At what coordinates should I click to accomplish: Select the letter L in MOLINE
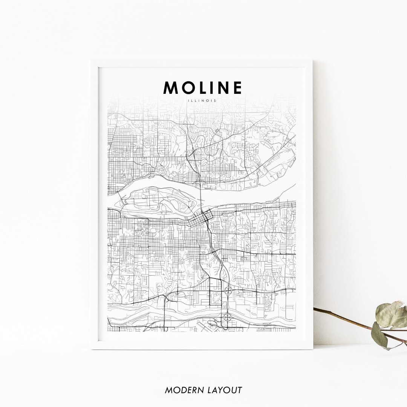tap(202, 87)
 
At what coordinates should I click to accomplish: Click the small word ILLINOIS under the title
tap(202, 101)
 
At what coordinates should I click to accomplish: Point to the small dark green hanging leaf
tap(379, 335)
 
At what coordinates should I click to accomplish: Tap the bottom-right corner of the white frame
tap(312, 349)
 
